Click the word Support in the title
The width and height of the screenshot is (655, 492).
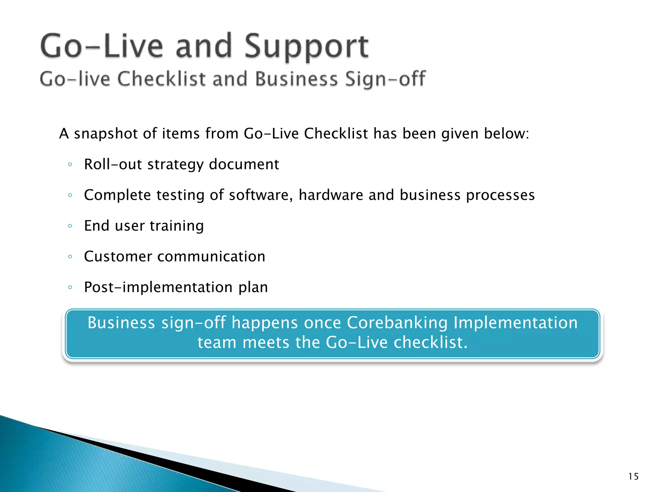pyautogui.click(x=306, y=47)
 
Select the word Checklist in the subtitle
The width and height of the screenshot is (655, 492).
pyautogui.click(x=161, y=79)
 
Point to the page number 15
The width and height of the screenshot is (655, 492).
pyautogui.click(x=633, y=477)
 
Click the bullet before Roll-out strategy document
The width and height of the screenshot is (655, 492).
pyautogui.click(x=70, y=165)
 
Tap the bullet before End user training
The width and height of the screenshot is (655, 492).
pyautogui.click(x=70, y=226)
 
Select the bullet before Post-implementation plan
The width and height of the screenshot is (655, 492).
pyautogui.click(x=70, y=287)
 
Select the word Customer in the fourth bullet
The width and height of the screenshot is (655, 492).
pyautogui.click(x=118, y=257)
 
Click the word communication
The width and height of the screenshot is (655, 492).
pyautogui.click(x=211, y=257)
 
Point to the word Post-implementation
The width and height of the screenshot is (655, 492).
pyautogui.click(x=158, y=287)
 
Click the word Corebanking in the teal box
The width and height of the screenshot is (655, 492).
pyautogui.click(x=397, y=323)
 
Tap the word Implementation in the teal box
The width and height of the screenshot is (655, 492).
pyautogui.click(x=516, y=323)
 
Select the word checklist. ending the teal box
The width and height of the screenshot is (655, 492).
pyautogui.click(x=430, y=342)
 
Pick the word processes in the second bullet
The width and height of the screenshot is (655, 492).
pyautogui.click(x=500, y=195)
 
